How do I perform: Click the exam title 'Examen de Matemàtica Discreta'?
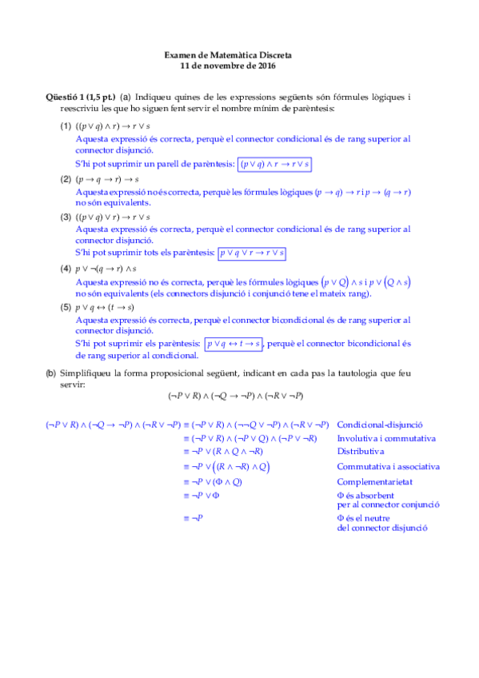point(228,55)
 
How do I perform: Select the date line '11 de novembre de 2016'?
point(228,66)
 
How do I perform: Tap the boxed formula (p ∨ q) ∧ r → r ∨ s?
point(275,164)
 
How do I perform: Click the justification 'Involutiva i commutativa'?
point(386,438)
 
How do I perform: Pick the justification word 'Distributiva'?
point(361,451)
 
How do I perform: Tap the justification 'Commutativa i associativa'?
point(388,466)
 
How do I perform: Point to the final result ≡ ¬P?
point(193,518)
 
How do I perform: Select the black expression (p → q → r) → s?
point(106,179)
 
